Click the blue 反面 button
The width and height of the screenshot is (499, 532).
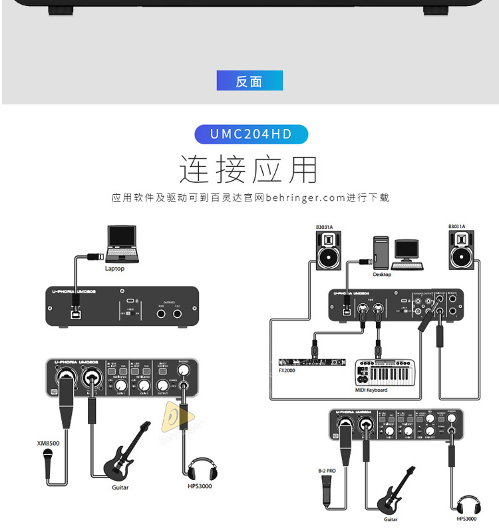[x=249, y=80]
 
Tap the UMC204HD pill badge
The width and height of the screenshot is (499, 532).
[x=251, y=134]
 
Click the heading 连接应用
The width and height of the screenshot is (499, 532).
[x=249, y=169]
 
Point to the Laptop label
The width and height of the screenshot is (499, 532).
[x=114, y=269]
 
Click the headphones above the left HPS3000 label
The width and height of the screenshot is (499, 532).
[x=200, y=469]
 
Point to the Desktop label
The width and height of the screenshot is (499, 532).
[x=382, y=274]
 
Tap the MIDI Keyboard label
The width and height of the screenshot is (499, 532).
[x=371, y=390]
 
